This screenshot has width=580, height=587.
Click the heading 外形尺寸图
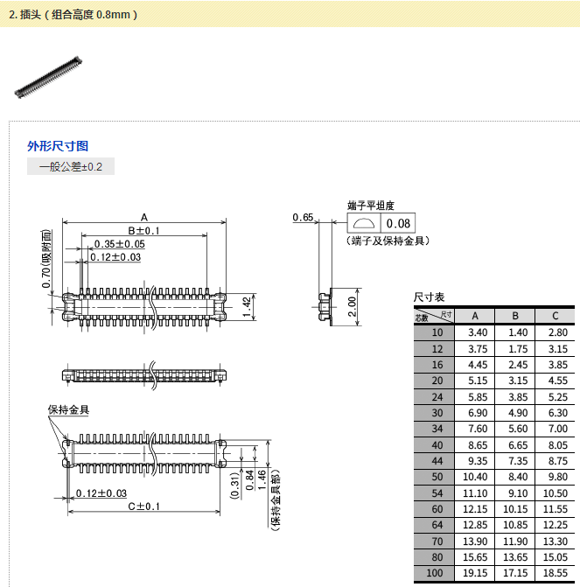coord(58,146)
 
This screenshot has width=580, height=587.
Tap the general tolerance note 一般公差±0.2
coord(71,166)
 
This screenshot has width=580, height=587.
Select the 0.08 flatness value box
coord(398,223)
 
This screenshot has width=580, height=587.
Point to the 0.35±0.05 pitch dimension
coord(119,244)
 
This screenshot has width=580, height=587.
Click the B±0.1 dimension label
coord(144,231)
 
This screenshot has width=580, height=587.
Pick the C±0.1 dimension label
coord(144,507)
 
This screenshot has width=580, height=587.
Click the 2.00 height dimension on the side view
coord(352,307)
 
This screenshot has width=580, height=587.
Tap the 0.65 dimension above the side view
coord(304,217)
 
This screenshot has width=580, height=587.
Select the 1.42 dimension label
coord(248,306)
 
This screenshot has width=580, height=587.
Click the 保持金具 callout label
coord(68,409)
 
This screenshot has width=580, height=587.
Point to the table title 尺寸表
coord(430,297)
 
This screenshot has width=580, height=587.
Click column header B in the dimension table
coord(515,316)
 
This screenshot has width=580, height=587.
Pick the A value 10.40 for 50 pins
coord(475,476)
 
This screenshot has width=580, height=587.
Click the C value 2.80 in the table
coord(556,332)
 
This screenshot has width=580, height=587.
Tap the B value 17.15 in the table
coord(515,572)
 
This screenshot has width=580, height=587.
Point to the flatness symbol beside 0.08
coord(363,223)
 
